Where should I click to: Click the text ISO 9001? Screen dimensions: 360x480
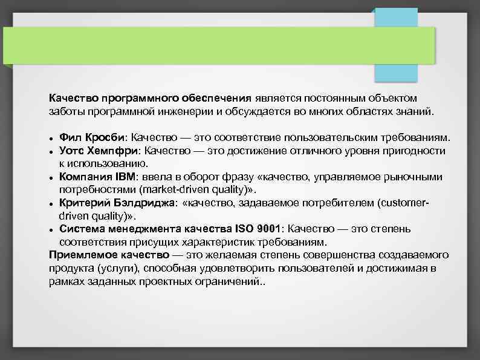point(262,229)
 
